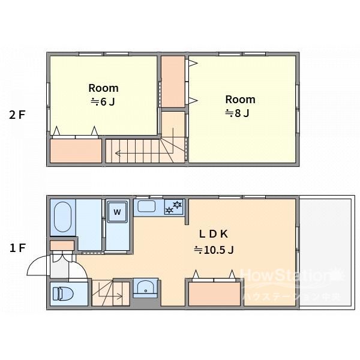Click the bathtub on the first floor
[x=62, y=217]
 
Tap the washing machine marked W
[x=118, y=212]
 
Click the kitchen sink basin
[x=146, y=206]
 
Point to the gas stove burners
[x=173, y=207]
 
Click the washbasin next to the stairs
[x=145, y=288]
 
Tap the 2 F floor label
[x=17, y=115]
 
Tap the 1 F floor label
[x=17, y=248]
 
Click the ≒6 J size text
[x=103, y=102]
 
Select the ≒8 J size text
[x=237, y=113]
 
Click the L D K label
[x=214, y=234]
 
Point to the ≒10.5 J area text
[x=214, y=250]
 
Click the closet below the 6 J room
[x=76, y=151]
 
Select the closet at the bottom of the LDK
[x=214, y=294]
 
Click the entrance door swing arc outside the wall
[x=34, y=262]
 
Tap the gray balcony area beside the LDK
[x=326, y=253]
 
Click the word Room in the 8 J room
[x=240, y=100]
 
